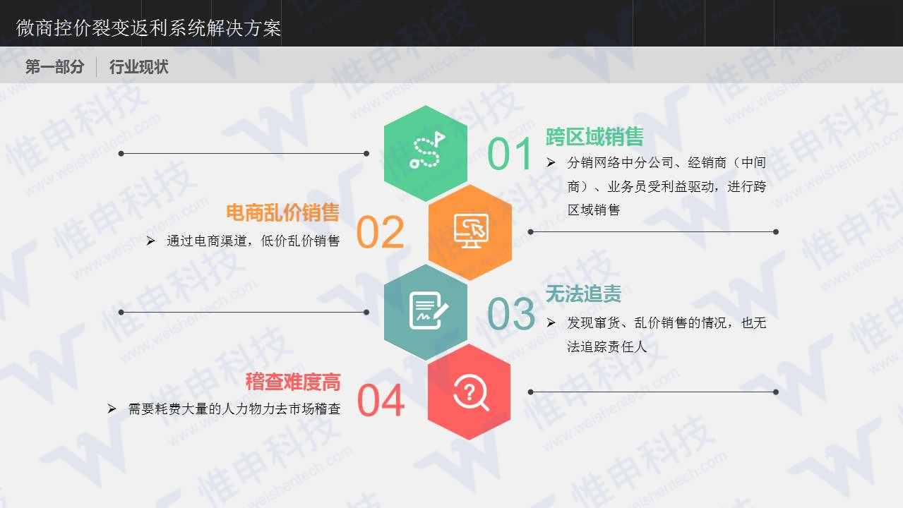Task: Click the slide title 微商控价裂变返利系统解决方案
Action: coord(148,28)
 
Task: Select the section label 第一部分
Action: coord(54,67)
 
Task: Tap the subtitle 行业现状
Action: coord(138,67)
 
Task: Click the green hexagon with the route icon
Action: coord(426,152)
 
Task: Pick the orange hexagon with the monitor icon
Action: coord(470,231)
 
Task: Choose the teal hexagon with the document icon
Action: coord(426,311)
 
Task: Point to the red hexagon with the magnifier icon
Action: coord(470,392)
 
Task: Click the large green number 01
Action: coord(510,155)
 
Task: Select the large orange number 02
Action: coord(380,233)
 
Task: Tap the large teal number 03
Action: coord(510,314)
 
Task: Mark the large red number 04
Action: coord(381,400)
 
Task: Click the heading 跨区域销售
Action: coord(594,136)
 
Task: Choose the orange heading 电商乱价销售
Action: coord(282,212)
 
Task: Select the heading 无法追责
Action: coord(583,294)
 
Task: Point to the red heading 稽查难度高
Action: coord(293,382)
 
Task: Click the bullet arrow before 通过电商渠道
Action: coord(150,241)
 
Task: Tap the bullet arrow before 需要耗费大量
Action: coord(112,409)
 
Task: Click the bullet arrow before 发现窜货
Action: coord(551,323)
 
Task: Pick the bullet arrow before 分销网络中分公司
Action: coord(551,162)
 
